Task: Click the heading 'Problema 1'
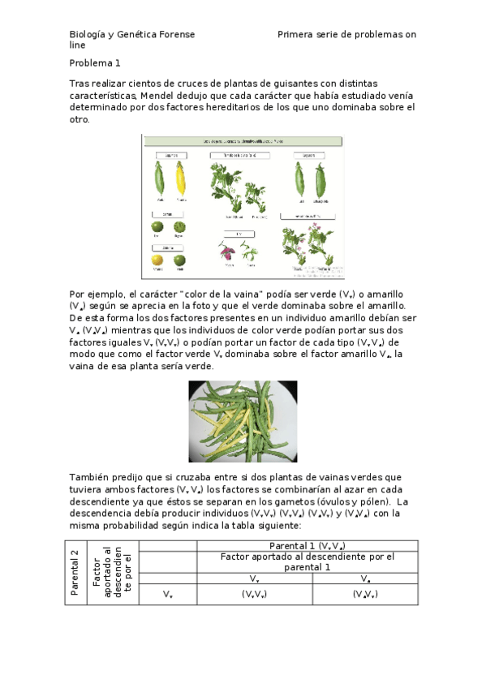coord(95,62)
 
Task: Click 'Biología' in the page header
coord(88,35)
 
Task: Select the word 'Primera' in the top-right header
coord(296,35)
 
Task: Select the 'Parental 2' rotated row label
coord(75,573)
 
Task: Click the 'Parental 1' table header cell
coord(307,546)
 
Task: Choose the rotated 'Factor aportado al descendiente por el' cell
coord(107,573)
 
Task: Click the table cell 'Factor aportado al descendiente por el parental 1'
coord(307,562)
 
